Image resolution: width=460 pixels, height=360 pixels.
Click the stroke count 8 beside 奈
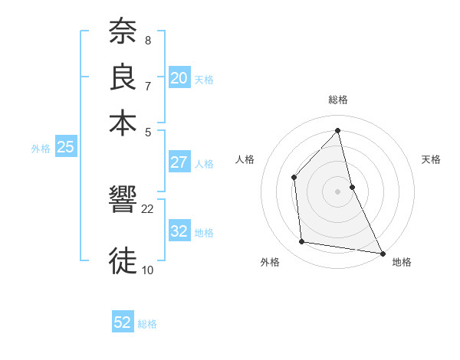pyautogui.click(x=147, y=40)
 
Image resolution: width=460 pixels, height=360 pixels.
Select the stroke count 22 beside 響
pyautogui.click(x=148, y=208)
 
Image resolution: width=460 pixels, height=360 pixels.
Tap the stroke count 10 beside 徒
pyautogui.click(x=148, y=269)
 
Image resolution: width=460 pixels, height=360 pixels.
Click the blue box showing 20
pyautogui.click(x=179, y=78)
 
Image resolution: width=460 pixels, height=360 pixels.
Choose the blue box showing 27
pyautogui.click(x=179, y=162)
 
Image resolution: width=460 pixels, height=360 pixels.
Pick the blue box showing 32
pyautogui.click(x=179, y=231)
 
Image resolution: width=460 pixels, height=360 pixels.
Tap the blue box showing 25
pyautogui.click(x=65, y=148)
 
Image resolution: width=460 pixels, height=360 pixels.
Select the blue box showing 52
pyautogui.click(x=123, y=322)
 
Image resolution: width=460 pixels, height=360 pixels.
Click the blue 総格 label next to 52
pyautogui.click(x=147, y=324)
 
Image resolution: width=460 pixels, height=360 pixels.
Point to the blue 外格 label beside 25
pyautogui.click(x=41, y=149)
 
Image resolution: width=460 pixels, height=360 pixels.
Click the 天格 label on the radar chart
pyautogui.click(x=432, y=159)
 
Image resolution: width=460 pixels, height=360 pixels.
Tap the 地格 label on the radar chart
pyautogui.click(x=402, y=262)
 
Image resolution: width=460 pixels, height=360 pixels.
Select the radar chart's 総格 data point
pyautogui.click(x=337, y=131)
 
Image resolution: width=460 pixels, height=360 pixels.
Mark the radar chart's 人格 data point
pyautogui.click(x=294, y=178)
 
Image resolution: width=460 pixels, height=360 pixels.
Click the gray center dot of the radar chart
pyautogui.click(x=337, y=191)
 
